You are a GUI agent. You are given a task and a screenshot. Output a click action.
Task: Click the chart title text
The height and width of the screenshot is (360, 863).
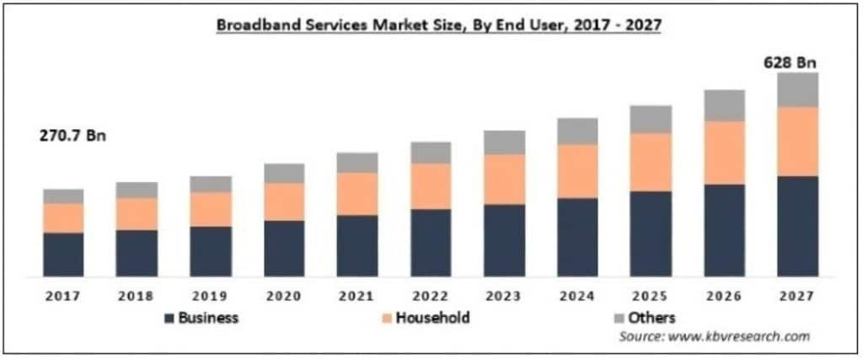[x=438, y=26]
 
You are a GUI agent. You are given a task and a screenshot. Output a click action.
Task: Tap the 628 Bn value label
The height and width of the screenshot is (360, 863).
[x=790, y=62]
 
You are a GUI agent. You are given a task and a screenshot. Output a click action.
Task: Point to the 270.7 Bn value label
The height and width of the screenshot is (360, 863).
[x=72, y=136]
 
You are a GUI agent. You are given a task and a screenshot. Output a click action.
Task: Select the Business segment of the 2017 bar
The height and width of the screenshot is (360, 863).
[x=64, y=255]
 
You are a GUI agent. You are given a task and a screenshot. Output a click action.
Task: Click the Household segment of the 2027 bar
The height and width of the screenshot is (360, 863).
[x=797, y=142]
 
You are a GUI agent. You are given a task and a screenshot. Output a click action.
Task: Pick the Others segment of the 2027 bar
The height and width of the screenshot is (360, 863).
[x=797, y=89]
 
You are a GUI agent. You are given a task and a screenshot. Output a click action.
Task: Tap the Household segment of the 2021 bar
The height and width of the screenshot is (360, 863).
[x=357, y=194]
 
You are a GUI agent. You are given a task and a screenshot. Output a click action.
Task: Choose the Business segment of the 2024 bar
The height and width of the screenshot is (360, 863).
[x=577, y=237]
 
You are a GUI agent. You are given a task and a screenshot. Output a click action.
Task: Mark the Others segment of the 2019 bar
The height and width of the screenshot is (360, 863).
[x=211, y=185]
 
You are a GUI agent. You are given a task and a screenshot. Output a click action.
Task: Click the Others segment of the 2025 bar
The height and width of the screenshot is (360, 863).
[x=651, y=120]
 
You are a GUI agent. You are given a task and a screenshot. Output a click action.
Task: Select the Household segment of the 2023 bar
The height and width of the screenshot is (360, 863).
[x=504, y=180]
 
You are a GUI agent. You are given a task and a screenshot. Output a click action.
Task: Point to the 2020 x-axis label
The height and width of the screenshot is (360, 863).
[x=284, y=296]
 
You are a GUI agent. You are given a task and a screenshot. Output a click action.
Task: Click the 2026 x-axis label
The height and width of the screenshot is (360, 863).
[x=724, y=296]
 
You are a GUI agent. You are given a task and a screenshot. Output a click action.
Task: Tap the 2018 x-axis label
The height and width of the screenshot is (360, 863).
[x=137, y=296]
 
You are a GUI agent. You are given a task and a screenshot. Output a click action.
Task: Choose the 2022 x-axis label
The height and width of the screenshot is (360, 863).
[x=431, y=296]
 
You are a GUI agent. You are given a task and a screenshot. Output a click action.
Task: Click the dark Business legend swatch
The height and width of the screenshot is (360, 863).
[x=169, y=318]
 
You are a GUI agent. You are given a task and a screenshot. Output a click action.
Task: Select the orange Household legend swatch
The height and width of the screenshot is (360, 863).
[x=387, y=318]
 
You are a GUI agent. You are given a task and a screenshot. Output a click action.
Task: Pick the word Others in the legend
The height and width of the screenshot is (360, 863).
[x=651, y=318]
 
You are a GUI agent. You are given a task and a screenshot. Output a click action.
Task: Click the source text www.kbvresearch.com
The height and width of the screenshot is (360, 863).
[x=739, y=336]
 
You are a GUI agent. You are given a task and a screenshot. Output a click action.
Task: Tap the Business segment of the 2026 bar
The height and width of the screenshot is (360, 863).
[x=724, y=231]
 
